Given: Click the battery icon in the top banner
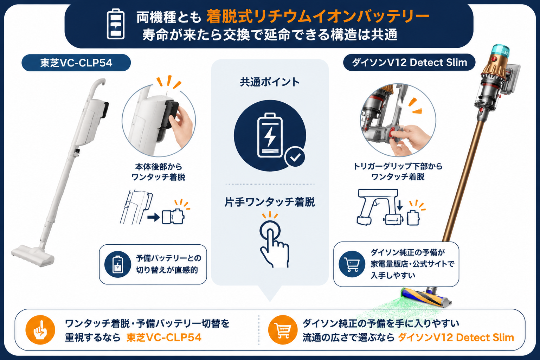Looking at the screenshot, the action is pos(116,24).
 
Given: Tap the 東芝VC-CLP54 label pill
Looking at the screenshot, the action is pos(76,63).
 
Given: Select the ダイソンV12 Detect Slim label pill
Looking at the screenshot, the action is pos(409,63).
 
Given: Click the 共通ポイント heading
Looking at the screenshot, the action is pos(270,82).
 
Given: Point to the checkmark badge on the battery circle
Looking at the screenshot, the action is pos(295,157).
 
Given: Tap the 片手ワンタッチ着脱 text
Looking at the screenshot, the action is pos(270,202).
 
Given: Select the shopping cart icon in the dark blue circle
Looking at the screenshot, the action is pos(352,264).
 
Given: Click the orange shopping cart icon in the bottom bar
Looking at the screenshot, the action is pos(283,330).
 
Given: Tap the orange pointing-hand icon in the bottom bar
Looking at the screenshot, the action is pos(40,330).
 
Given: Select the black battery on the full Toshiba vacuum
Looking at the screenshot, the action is pos(104,110).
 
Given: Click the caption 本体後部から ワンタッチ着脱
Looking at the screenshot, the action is pos(159,172).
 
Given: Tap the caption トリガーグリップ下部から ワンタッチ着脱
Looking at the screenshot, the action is pos(398,171).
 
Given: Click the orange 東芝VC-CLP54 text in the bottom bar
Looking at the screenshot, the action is pos(164,337).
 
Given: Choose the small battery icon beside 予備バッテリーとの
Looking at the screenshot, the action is pos(118,264).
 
